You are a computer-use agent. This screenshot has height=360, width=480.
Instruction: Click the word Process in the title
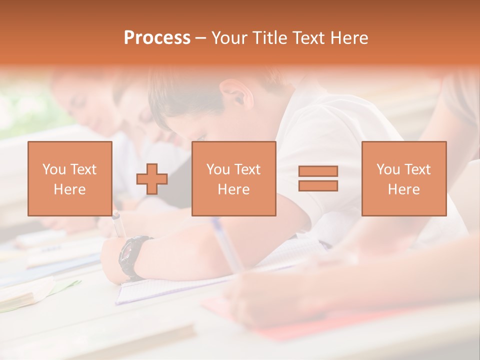tap(157, 38)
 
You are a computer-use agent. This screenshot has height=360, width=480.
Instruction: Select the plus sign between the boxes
tap(152, 179)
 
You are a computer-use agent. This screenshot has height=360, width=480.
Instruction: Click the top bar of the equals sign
tap(318, 171)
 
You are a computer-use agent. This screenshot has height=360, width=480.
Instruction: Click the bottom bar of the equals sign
tap(318, 186)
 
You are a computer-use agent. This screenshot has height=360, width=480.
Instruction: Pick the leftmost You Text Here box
tap(70, 179)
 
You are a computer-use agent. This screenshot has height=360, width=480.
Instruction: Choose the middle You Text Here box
tap(234, 179)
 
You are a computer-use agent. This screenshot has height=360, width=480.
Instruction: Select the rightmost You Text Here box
tap(404, 179)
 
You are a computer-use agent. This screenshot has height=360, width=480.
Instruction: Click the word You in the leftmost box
tap(53, 169)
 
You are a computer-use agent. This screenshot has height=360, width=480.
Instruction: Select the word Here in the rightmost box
tap(404, 189)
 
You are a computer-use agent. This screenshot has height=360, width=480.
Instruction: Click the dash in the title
tap(201, 38)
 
